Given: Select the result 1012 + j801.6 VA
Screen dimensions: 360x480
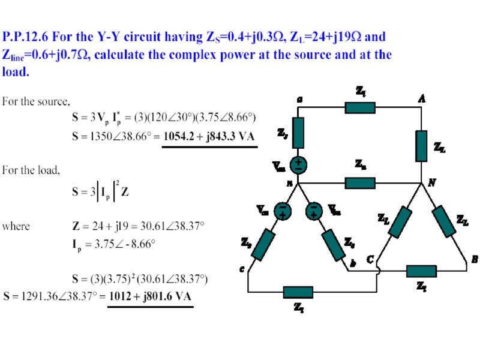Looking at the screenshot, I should point(151,296).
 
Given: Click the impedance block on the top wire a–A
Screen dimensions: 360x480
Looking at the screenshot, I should point(360,107).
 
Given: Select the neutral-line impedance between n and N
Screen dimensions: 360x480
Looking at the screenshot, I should point(360,182).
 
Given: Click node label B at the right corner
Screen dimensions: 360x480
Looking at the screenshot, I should point(474,259).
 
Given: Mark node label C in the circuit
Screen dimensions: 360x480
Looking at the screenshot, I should point(370,260).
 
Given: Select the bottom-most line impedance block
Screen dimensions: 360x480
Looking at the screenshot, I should point(298,293).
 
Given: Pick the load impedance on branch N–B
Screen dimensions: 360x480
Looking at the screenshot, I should point(446,221).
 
